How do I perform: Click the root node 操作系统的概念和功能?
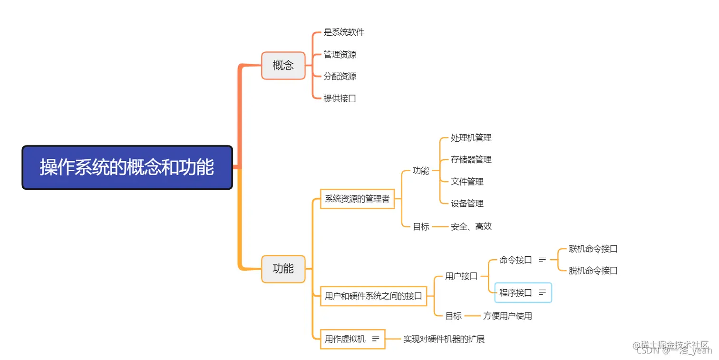coord(127,167)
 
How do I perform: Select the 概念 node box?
coord(283,66)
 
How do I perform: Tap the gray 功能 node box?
coord(283,269)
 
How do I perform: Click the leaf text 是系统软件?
coord(344,32)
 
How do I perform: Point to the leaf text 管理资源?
coord(340,55)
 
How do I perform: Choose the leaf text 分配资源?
coord(340,77)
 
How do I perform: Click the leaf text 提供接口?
coord(340,98)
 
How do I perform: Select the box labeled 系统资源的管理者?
coord(357,199)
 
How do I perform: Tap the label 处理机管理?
coord(471,138)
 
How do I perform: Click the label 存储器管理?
coord(471,159)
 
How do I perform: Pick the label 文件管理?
coord(467,182)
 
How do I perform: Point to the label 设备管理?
coord(467,204)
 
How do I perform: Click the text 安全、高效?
coord(471,226)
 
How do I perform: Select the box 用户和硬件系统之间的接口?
coord(373,296)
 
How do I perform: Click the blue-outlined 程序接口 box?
coord(523,293)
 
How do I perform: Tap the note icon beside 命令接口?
coord(542,260)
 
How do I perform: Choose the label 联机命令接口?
coord(593,249)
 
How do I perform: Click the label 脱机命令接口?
coord(593,271)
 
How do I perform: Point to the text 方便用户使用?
coord(507,316)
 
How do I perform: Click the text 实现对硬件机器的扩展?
coord(444,339)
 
